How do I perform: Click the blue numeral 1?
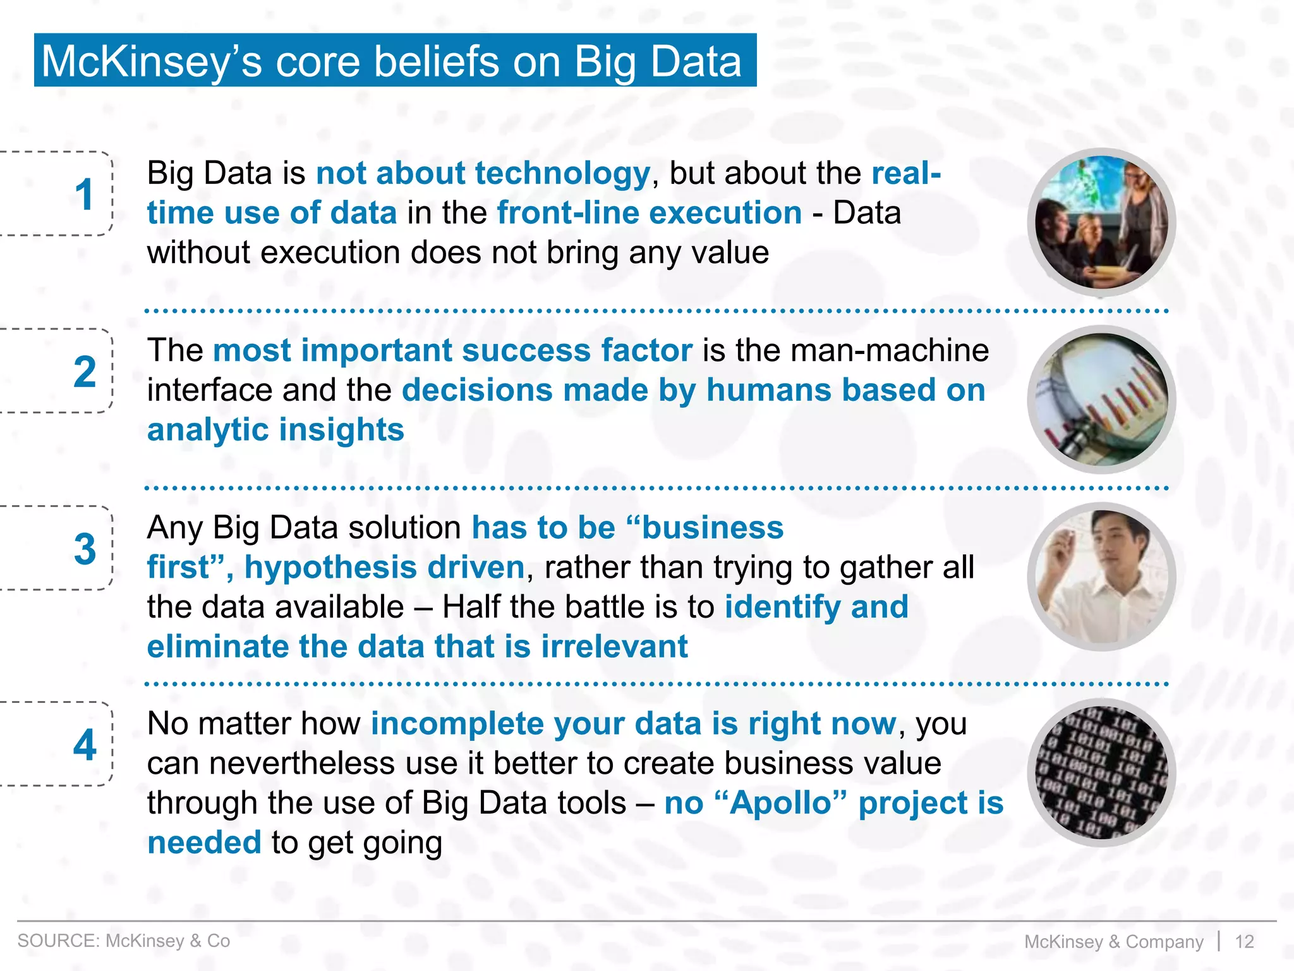tap(84, 194)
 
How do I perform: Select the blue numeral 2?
tap(85, 372)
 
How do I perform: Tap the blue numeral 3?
tap(85, 549)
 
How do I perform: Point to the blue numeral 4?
tap(85, 745)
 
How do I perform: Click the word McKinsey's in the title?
tap(151, 62)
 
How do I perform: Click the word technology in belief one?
tap(562, 173)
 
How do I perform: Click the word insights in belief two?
tap(341, 430)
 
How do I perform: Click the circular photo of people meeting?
tap(1101, 222)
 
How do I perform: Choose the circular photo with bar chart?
tap(1101, 400)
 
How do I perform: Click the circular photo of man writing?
tap(1101, 577)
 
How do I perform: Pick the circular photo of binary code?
tap(1101, 773)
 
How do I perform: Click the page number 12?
tap(1244, 941)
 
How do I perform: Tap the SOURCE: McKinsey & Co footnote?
tap(124, 941)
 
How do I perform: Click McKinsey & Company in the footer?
tap(1113, 941)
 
